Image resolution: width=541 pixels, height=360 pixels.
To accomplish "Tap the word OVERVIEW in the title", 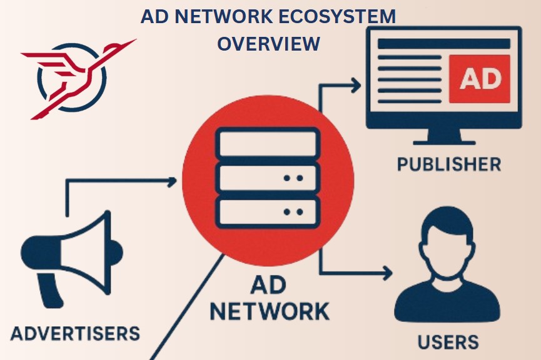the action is (268, 44).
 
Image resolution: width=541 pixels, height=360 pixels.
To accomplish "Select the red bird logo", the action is (78, 79).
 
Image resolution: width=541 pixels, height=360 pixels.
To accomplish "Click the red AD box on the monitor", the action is (479, 79).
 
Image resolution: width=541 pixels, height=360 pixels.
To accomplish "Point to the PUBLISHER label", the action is (449, 164).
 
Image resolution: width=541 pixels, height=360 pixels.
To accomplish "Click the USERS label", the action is (448, 342).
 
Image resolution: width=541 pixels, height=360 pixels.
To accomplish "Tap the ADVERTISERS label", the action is (75, 334).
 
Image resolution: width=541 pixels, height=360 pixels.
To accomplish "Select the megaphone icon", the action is (72, 259).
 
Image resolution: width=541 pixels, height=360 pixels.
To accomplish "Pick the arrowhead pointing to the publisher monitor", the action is (356, 85).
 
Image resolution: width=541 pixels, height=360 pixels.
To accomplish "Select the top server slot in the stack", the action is (268, 142).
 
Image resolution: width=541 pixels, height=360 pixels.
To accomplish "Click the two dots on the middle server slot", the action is (293, 178).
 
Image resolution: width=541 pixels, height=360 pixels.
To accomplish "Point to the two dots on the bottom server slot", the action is (293, 212).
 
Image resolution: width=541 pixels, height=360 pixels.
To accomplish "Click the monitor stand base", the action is (444, 142).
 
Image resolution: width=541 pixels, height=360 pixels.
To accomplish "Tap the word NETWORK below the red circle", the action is (270, 311).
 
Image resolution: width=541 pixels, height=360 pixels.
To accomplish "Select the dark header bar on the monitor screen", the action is (444, 44).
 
